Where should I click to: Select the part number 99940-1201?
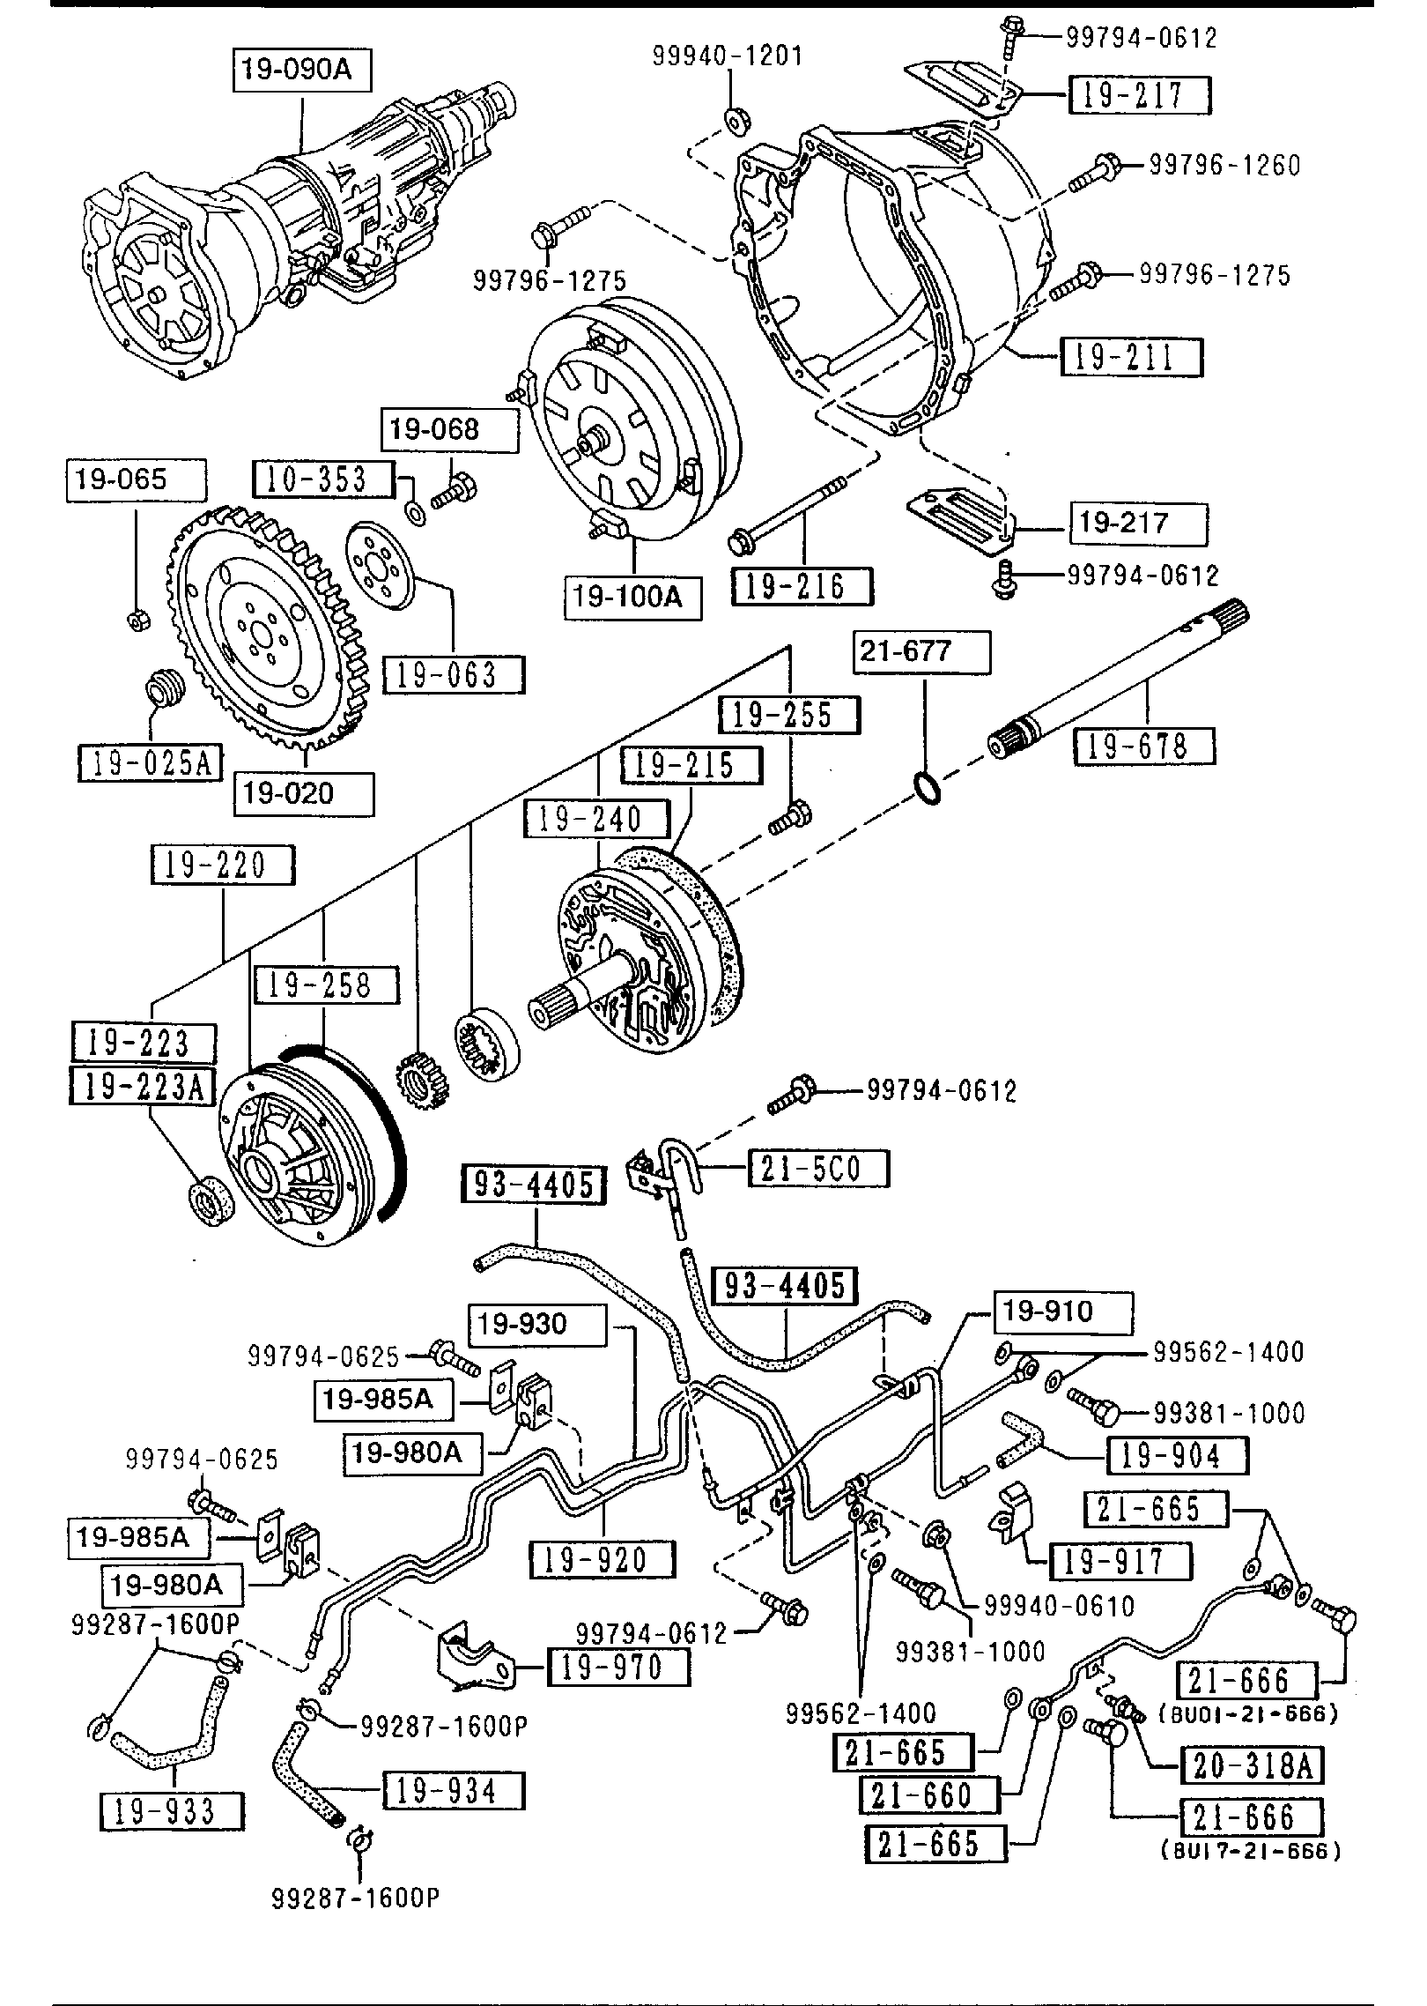pos(727,56)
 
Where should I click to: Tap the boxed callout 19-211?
pos(1131,358)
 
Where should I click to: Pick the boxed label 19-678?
pos(1143,747)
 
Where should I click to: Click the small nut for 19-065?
pos(137,620)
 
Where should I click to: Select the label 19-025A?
pos(150,763)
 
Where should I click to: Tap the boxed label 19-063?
pos(453,675)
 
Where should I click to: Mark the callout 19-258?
pos(325,985)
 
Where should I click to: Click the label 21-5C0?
pos(818,1170)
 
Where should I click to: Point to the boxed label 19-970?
pos(618,1668)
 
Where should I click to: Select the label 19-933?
pos(172,1812)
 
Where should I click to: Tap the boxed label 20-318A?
pos(1252,1765)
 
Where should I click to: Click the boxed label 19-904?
pos(1177,1455)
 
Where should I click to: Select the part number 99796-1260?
pos(1224,165)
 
